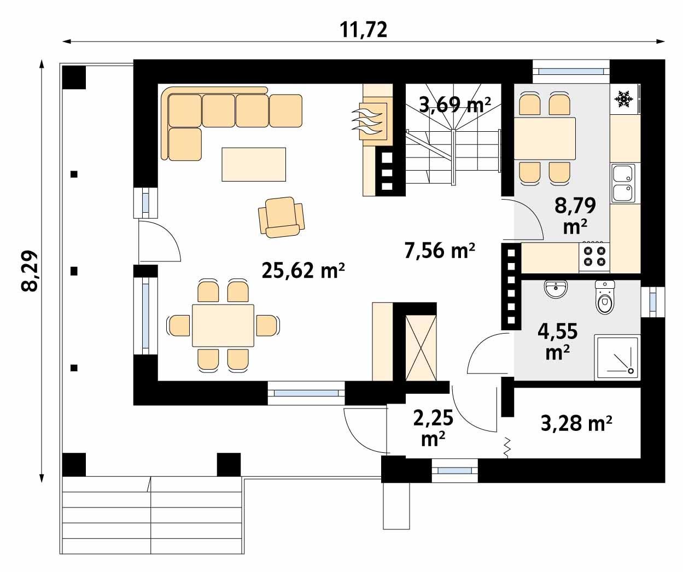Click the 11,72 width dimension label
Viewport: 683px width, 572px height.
(x=364, y=30)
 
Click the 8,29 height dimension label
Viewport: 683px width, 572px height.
(x=31, y=271)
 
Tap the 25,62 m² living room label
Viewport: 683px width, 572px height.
(x=303, y=270)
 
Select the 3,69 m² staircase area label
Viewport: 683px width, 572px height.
(x=454, y=103)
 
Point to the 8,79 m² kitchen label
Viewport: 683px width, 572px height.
(x=575, y=215)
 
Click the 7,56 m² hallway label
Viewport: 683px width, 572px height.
(x=439, y=250)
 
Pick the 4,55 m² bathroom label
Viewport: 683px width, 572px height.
(x=557, y=341)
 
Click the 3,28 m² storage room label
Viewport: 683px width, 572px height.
(x=576, y=423)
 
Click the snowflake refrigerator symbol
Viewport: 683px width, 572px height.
(x=623, y=99)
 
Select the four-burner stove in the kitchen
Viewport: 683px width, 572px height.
(x=594, y=256)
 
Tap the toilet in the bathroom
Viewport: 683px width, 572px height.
(x=604, y=297)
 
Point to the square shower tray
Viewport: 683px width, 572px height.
(x=617, y=357)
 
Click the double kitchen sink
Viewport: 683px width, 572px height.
(x=622, y=183)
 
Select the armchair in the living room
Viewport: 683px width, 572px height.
(x=281, y=217)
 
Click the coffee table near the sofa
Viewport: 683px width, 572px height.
(x=254, y=164)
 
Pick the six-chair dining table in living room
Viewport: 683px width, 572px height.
(x=223, y=325)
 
